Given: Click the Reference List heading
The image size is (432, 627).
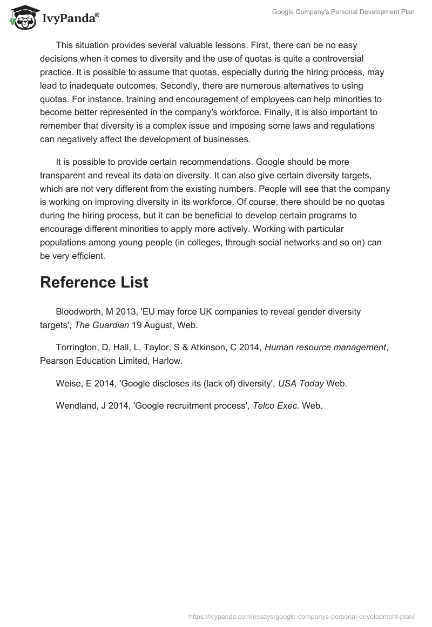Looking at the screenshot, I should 94,282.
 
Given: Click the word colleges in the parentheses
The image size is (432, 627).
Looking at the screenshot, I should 199,243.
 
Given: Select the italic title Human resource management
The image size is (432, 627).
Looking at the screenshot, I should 325,348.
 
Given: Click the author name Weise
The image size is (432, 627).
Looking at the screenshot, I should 68,384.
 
